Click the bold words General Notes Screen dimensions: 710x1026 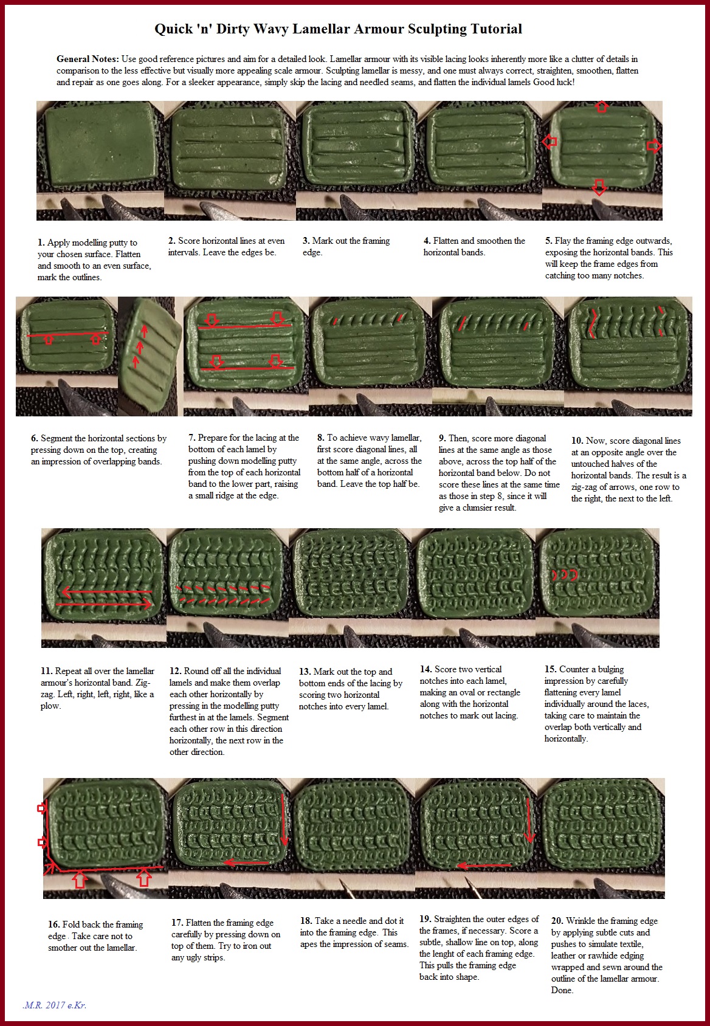click(x=88, y=59)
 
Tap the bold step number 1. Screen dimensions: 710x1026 click(x=41, y=243)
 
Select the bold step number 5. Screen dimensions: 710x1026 click(x=548, y=241)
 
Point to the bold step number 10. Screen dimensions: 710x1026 click(x=577, y=441)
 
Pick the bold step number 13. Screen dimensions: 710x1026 click(x=305, y=672)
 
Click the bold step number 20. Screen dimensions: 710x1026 click(x=557, y=921)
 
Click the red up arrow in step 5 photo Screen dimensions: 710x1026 click(x=601, y=107)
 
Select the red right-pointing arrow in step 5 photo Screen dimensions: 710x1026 click(x=653, y=146)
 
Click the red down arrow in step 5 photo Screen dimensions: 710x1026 click(x=599, y=187)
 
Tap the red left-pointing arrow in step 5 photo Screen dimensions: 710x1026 click(x=550, y=142)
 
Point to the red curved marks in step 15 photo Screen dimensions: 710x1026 click(x=564, y=575)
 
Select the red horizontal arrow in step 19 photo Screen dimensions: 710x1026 click(x=484, y=865)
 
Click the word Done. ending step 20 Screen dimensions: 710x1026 click(x=562, y=990)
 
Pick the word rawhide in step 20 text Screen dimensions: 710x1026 click(x=601, y=955)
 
